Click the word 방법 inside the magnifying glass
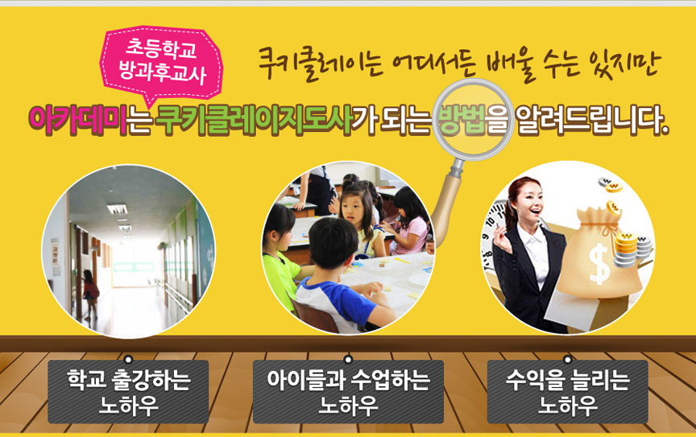click(x=462, y=120)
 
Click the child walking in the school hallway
click(x=90, y=293)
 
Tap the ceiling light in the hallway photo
click(x=117, y=209)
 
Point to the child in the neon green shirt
click(x=280, y=258)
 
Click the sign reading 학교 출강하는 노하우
click(x=128, y=392)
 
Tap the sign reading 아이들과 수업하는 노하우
click(x=348, y=392)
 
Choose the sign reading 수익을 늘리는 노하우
click(x=567, y=392)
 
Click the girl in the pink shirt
click(x=409, y=222)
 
